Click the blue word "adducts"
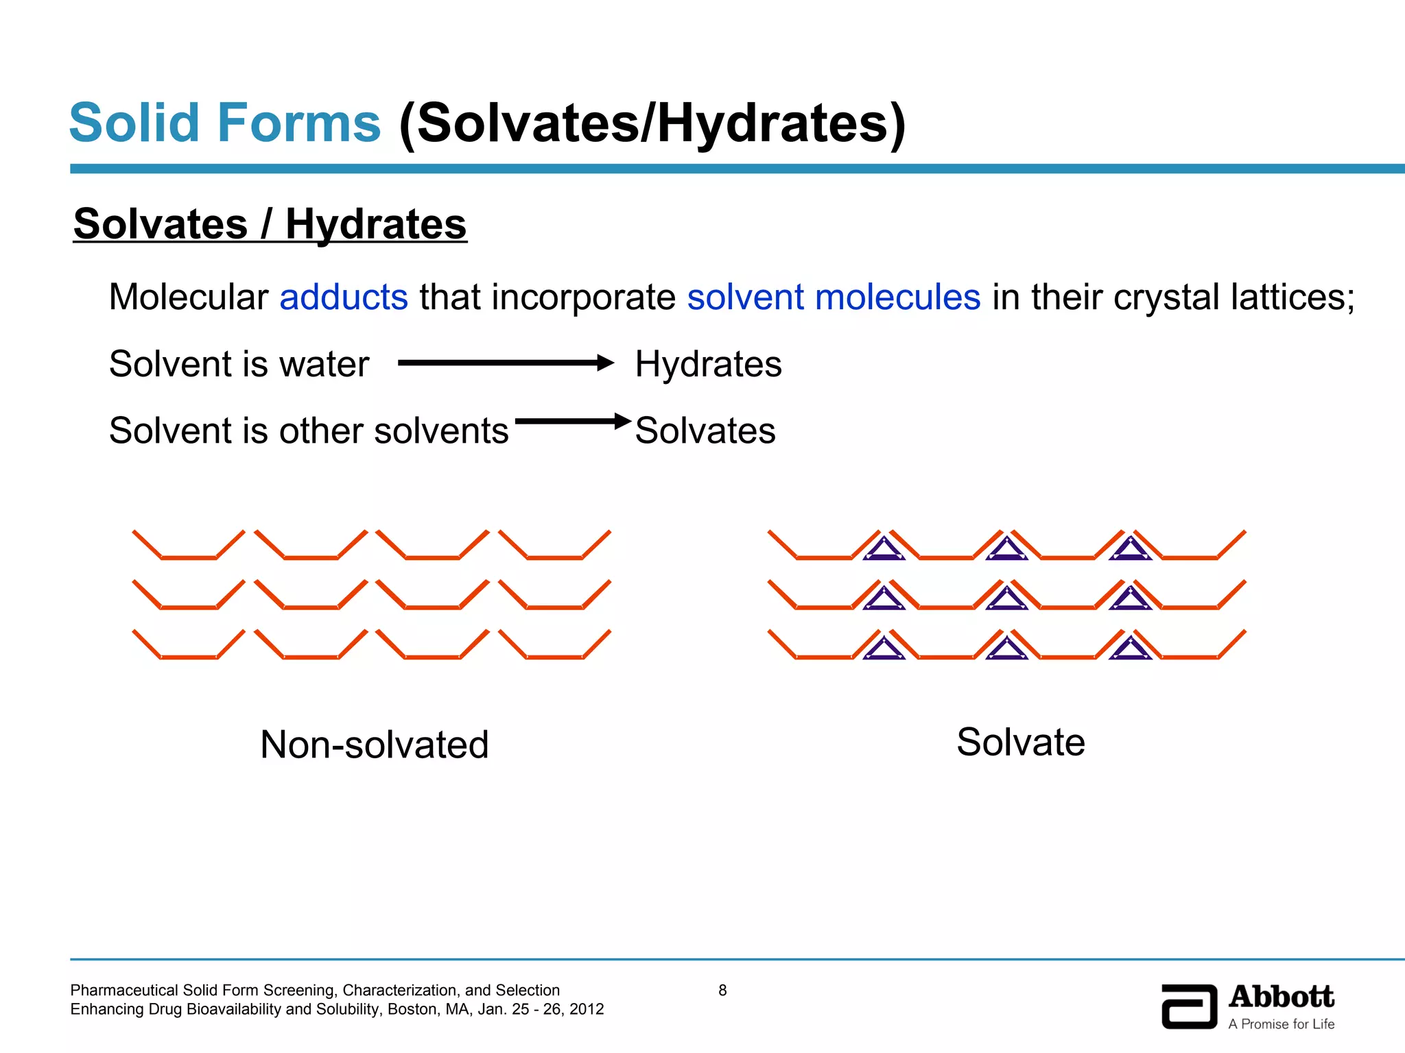tap(344, 298)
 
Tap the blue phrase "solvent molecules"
tap(834, 298)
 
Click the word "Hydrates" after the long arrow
tap(708, 364)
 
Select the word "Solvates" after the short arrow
tap(705, 431)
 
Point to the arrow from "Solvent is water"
tap(506, 363)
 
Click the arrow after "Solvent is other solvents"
tap(573, 421)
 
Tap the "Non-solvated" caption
tap(375, 745)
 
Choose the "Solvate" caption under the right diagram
tap(1021, 742)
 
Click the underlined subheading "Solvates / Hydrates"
tap(270, 224)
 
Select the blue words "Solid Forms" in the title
tap(225, 123)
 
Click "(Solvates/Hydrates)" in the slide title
tap(652, 124)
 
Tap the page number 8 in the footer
tap(722, 990)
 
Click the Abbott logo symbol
tap(1189, 1006)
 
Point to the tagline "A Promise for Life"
tap(1281, 1024)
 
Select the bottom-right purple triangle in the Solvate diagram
tap(1130, 649)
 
